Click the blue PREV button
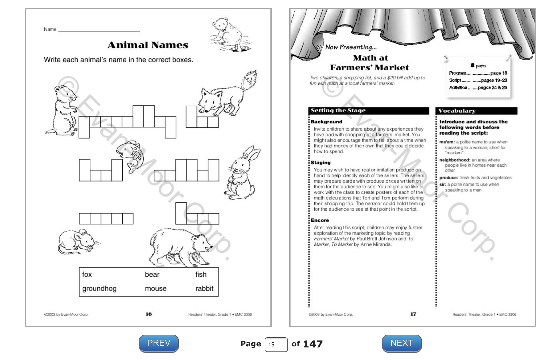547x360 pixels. coord(159,343)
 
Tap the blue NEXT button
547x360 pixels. coord(402,343)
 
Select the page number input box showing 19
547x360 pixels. coord(276,345)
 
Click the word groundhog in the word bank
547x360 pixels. coord(99,289)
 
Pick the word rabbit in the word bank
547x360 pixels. coord(204,289)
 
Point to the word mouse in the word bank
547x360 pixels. coord(156,289)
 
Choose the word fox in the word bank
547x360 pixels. coord(87,275)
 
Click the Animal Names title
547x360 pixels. coord(148,45)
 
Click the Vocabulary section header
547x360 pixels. coord(457,111)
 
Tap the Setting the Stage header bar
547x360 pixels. coord(369,111)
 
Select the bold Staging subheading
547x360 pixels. coord(321,163)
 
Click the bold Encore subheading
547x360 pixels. coord(320,220)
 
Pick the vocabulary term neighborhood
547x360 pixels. coord(454,160)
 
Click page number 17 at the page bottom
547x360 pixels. coord(413,314)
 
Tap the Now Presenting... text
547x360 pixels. coord(351,47)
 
